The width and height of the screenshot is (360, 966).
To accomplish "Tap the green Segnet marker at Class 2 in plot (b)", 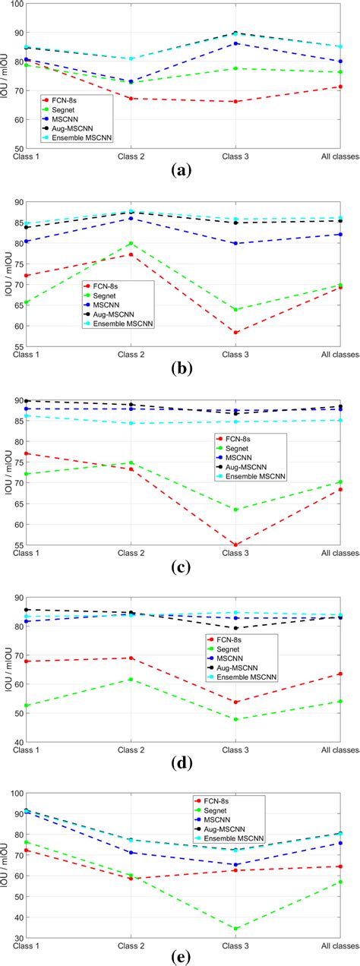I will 131,244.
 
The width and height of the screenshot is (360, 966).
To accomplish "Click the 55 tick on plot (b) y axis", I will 18,346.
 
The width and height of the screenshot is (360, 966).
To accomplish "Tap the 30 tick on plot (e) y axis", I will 18,937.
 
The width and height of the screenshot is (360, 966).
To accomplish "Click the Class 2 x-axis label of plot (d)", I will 131,750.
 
